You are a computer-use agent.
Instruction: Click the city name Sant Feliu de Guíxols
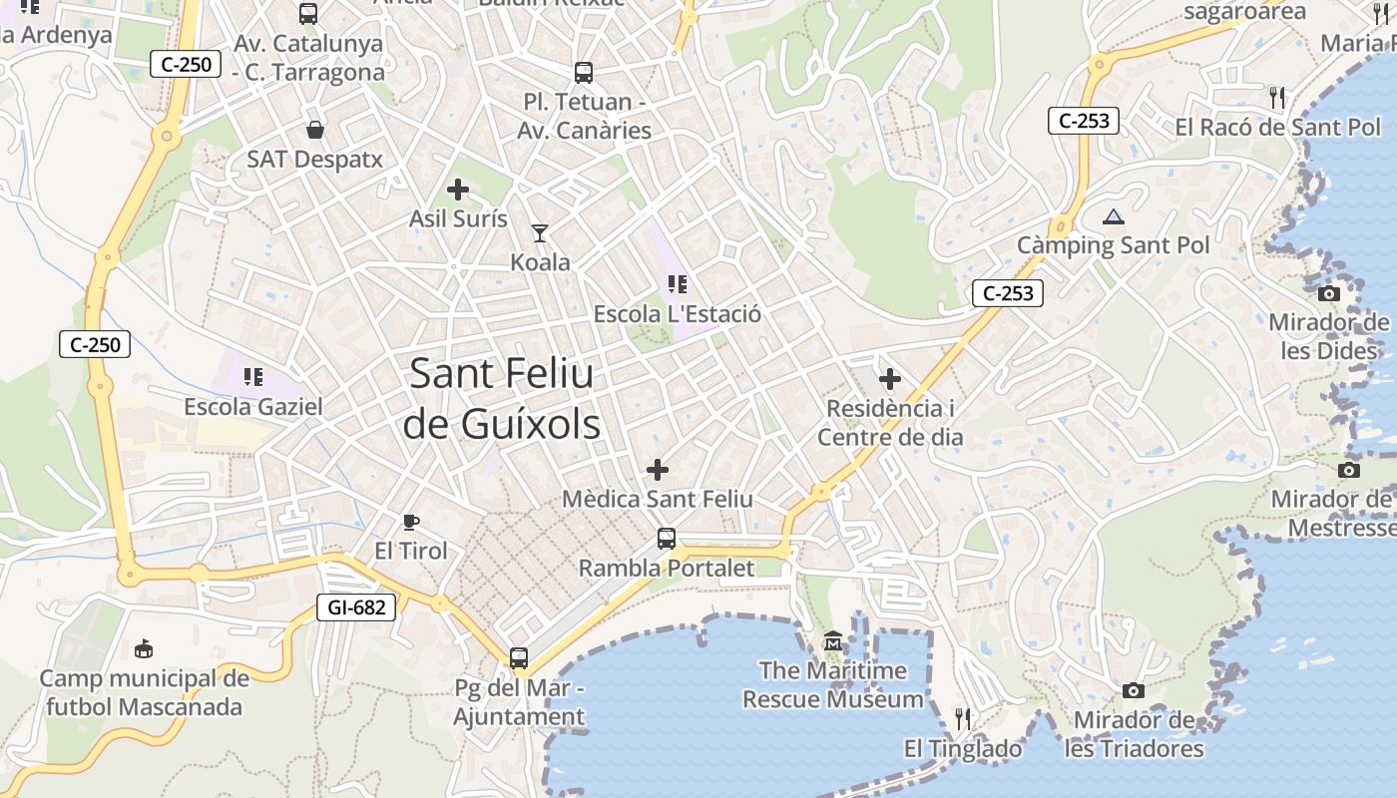502,399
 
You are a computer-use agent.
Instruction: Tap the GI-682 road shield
356,606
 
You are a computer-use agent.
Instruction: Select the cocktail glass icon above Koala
540,233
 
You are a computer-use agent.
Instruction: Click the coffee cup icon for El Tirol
410,522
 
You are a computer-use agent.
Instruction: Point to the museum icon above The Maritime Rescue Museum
833,640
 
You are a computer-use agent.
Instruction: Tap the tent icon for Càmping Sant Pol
1114,216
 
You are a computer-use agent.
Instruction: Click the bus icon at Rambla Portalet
667,539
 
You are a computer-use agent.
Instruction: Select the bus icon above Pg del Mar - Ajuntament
519,658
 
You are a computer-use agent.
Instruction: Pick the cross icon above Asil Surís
458,190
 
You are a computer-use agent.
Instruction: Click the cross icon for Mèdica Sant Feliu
658,469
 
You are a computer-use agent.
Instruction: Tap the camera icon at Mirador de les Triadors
1133,690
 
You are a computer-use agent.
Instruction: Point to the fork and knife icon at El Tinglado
963,718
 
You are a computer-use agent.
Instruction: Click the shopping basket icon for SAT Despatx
315,130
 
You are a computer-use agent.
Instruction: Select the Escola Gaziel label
253,407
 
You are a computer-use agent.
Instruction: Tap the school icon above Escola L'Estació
678,285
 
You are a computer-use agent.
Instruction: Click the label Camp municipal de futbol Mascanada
143,693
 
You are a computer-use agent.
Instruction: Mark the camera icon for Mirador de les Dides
1329,293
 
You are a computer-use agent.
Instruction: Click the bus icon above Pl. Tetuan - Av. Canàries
584,73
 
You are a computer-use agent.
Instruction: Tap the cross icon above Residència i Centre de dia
890,379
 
